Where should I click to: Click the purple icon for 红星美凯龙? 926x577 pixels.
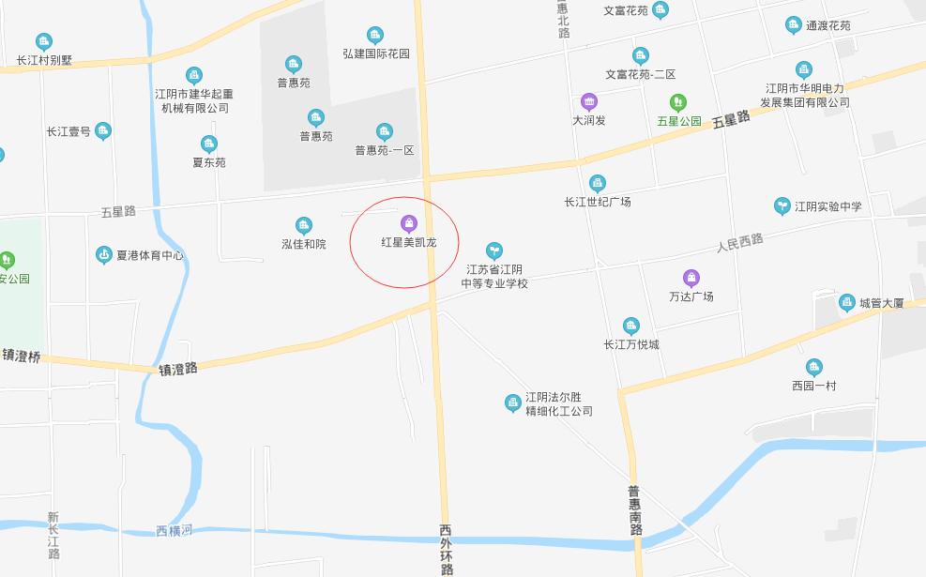point(408,223)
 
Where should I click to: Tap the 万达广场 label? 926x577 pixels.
point(691,296)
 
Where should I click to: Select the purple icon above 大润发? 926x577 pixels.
point(588,101)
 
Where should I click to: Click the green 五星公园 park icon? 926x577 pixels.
point(677,102)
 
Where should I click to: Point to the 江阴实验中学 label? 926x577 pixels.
point(827,206)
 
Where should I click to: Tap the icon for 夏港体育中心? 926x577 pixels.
point(104,255)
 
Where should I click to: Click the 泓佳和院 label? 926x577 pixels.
point(303,244)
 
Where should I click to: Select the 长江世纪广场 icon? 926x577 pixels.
point(598,183)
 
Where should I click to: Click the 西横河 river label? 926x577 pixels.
point(174,531)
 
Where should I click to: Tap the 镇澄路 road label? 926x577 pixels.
point(178,369)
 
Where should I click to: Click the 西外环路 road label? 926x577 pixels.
point(447,550)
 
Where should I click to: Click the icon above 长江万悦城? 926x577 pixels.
point(631,326)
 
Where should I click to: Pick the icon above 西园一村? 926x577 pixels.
point(813,367)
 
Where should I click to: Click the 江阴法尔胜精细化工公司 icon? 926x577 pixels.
point(512,403)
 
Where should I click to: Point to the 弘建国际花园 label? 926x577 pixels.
point(376,53)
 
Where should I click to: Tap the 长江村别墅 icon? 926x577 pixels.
point(44,41)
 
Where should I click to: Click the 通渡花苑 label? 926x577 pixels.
point(827,25)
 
